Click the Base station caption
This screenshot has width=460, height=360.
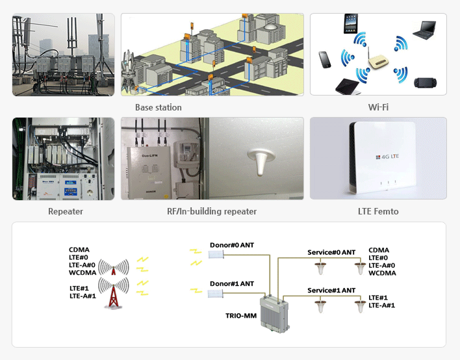[x=158, y=107]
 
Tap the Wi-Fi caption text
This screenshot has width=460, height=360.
[x=377, y=107]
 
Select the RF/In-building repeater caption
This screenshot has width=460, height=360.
[x=212, y=211]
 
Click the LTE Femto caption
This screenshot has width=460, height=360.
[x=378, y=211]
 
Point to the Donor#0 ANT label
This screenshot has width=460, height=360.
[x=232, y=245]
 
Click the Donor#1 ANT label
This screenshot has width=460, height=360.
[x=232, y=284]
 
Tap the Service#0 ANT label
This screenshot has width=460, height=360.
[x=331, y=252]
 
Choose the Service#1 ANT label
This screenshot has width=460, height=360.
[x=331, y=290]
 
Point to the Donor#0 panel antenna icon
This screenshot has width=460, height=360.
[x=216, y=255]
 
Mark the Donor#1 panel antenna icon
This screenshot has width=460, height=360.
[x=216, y=294]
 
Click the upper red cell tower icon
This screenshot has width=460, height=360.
[x=114, y=268]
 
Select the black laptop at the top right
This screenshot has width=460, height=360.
[x=425, y=30]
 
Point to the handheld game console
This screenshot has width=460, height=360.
[x=426, y=81]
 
